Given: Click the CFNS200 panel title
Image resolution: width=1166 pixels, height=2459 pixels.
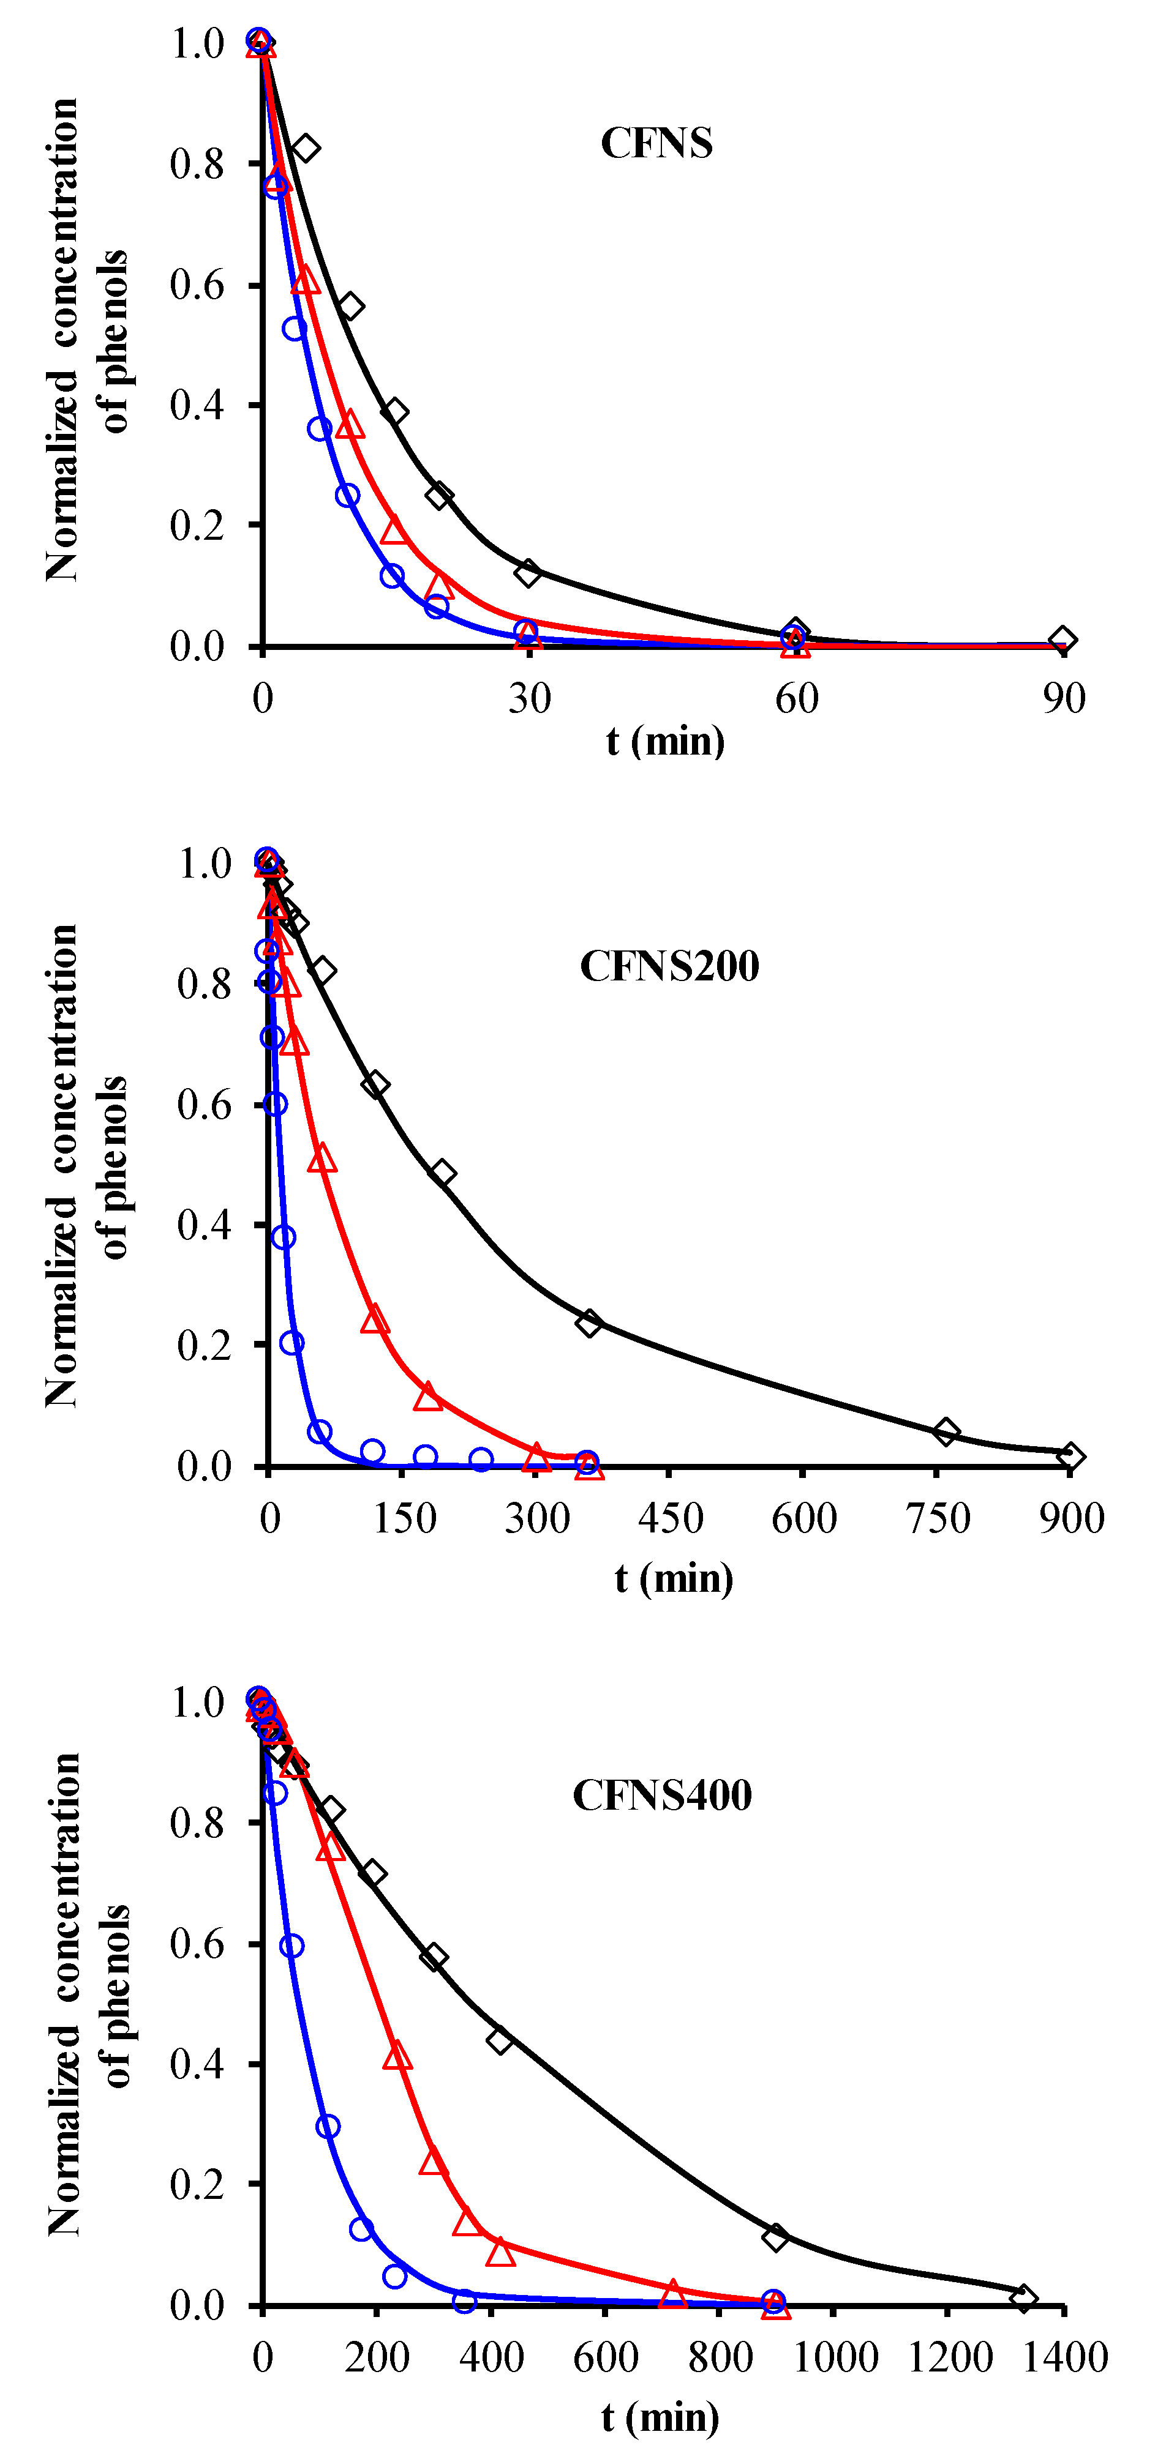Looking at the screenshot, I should (669, 966).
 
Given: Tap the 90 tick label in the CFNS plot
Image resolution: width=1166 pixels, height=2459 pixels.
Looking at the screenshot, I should (1064, 700).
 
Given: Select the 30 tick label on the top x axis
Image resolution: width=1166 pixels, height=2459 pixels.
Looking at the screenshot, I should (529, 700).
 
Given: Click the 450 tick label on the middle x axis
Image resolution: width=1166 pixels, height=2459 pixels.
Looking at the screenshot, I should (671, 1519).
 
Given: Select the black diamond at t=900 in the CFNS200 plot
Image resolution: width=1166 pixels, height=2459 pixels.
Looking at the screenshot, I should (1070, 1457).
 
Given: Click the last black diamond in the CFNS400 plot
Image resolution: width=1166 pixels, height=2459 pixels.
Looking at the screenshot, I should (1023, 2297).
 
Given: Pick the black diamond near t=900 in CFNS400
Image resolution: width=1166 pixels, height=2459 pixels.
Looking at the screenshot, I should (775, 2237).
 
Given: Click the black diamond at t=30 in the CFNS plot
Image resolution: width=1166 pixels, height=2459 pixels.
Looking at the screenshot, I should (528, 573).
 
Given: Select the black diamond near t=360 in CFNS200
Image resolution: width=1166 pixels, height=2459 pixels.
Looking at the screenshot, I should (589, 1323).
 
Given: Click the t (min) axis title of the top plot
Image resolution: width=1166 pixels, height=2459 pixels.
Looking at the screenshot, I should (666, 742).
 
